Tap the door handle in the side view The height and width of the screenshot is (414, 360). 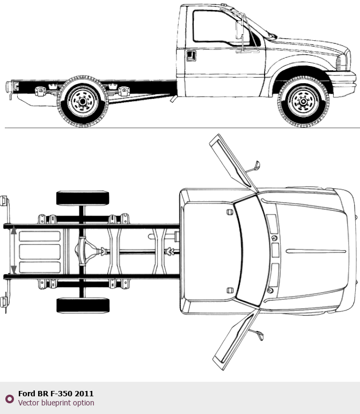[190, 55]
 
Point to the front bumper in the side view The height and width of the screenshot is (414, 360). [343, 84]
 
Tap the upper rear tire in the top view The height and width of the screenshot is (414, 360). [83, 198]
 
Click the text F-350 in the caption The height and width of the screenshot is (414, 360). [61, 394]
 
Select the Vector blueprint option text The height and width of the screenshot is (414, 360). [56, 403]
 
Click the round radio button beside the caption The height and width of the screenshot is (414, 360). [9, 398]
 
